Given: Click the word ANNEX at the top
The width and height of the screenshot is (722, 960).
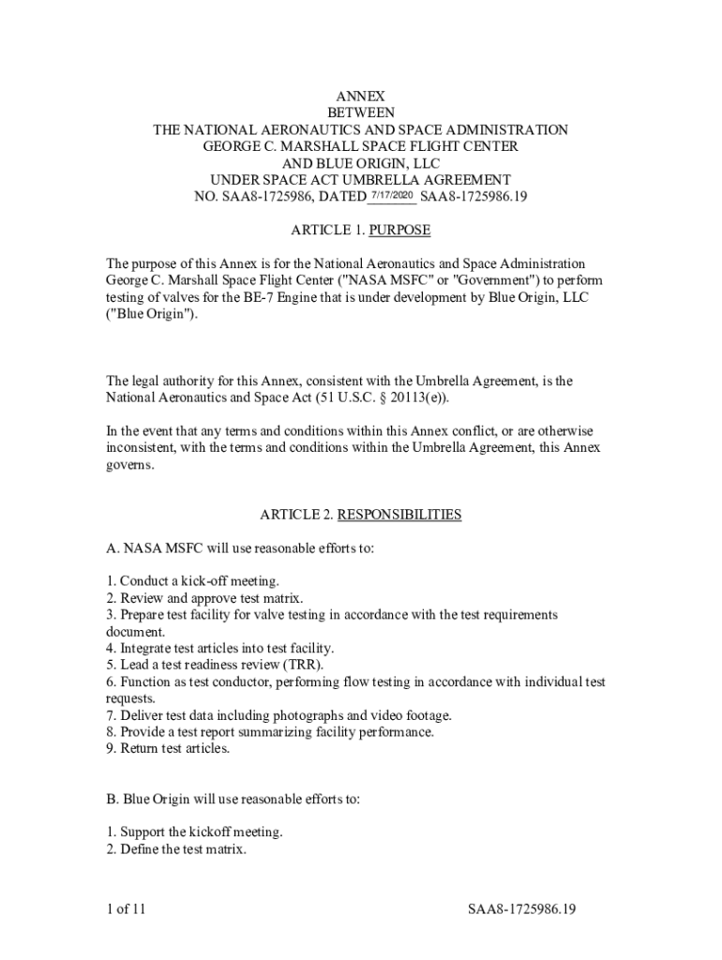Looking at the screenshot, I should pos(361,97).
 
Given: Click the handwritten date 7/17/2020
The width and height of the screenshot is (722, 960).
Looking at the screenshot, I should pos(391,194).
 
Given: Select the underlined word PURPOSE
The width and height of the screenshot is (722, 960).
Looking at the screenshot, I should pos(400,230).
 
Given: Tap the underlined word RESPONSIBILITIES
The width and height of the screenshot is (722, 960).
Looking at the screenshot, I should pos(399,515).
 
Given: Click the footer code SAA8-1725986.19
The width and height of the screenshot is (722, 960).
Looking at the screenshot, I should pos(522,909).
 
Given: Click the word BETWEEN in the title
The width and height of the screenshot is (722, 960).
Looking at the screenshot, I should pos(361,113).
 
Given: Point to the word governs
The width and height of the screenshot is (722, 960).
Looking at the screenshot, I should pos(128,464).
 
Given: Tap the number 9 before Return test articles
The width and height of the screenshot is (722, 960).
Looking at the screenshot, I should pos(110,749).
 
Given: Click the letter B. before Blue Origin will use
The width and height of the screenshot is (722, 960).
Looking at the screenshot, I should pos(111,800).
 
